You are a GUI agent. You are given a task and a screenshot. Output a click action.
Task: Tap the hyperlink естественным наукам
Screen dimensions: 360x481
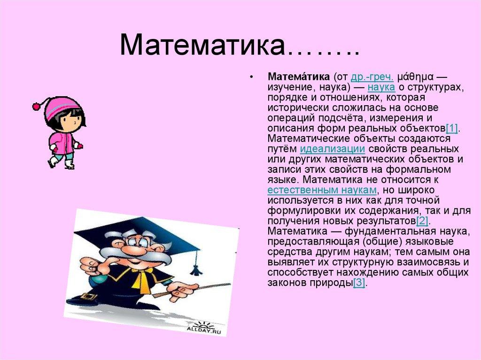(322, 190)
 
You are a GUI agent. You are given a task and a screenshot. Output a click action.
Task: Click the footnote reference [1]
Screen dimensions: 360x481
(452, 129)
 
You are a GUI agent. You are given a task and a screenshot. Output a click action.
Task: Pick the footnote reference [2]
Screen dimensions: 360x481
(423, 221)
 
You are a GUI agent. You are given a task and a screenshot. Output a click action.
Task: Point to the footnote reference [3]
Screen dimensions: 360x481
(359, 283)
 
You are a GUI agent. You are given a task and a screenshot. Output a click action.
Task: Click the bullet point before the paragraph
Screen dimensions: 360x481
(252, 77)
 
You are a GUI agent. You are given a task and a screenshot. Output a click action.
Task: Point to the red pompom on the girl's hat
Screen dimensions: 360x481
(36, 106)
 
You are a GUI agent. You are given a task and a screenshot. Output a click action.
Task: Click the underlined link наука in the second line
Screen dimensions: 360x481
(381, 87)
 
